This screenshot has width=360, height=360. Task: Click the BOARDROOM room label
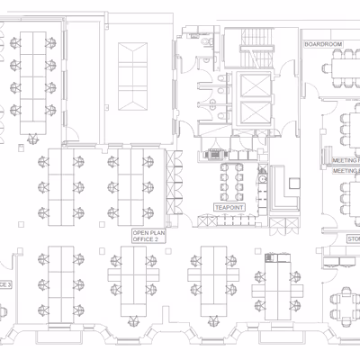point(323,43)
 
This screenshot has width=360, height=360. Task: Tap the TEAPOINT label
point(229,207)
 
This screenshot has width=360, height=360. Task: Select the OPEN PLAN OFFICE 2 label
point(145,236)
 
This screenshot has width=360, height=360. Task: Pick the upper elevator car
point(255,86)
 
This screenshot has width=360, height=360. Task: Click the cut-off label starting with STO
point(352,238)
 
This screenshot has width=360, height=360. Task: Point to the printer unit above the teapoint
point(216,153)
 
